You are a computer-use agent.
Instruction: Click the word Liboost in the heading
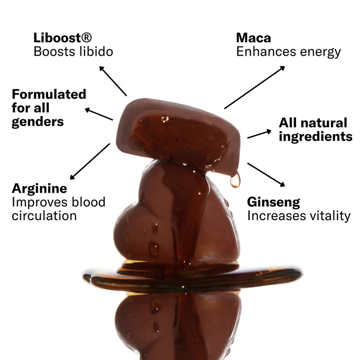(x=57, y=38)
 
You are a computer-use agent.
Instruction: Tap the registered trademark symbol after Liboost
(x=86, y=37)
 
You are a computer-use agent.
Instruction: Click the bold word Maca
(x=253, y=38)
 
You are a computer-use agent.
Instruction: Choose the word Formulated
(x=49, y=94)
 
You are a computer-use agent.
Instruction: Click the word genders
(x=38, y=122)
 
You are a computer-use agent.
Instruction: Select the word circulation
(x=44, y=216)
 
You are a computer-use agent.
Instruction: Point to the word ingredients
(x=315, y=137)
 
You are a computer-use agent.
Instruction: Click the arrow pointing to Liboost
(x=113, y=81)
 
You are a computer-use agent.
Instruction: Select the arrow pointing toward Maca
(x=255, y=87)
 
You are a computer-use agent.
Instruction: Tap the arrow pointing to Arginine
(x=90, y=161)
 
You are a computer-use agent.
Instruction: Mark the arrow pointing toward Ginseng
(x=266, y=175)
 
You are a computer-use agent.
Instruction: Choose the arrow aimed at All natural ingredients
(x=259, y=134)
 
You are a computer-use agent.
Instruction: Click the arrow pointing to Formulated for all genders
(x=99, y=114)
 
